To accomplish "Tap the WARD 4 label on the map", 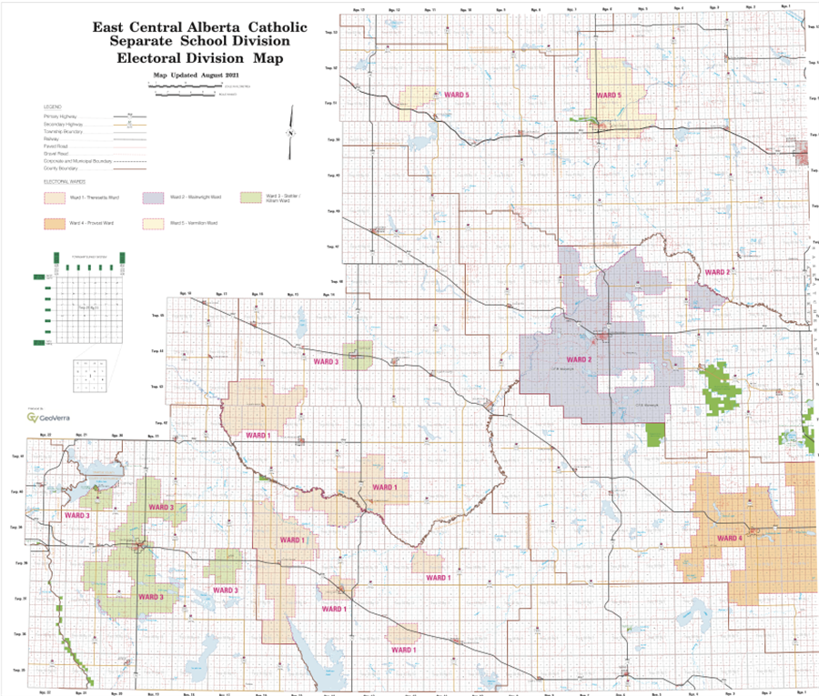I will click(x=729, y=539).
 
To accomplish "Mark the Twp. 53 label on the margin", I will click(x=331, y=32).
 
